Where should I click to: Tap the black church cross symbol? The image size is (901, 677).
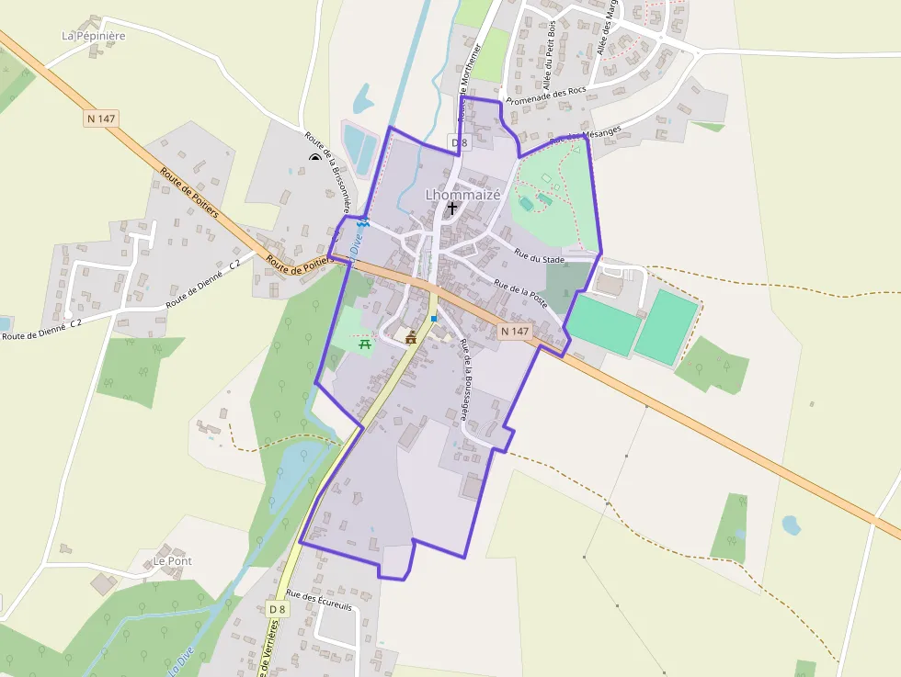pos(451,209)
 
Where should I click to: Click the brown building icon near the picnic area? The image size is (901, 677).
pos(410,338)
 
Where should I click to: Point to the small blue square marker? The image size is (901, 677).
pos(434,319)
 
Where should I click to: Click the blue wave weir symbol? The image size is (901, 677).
pos(363,222)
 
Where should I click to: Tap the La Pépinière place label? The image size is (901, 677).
pos(93,36)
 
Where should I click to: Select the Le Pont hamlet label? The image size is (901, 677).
pos(172,560)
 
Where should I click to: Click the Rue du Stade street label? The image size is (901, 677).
pos(540,259)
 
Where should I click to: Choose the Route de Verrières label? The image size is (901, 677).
pos(273,648)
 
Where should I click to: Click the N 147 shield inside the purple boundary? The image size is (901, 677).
pos(515,331)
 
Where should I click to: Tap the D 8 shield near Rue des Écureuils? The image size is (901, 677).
pos(278,609)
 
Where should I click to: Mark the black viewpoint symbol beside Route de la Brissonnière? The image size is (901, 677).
pos(315,158)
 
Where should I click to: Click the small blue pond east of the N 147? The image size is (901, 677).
pos(790,525)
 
